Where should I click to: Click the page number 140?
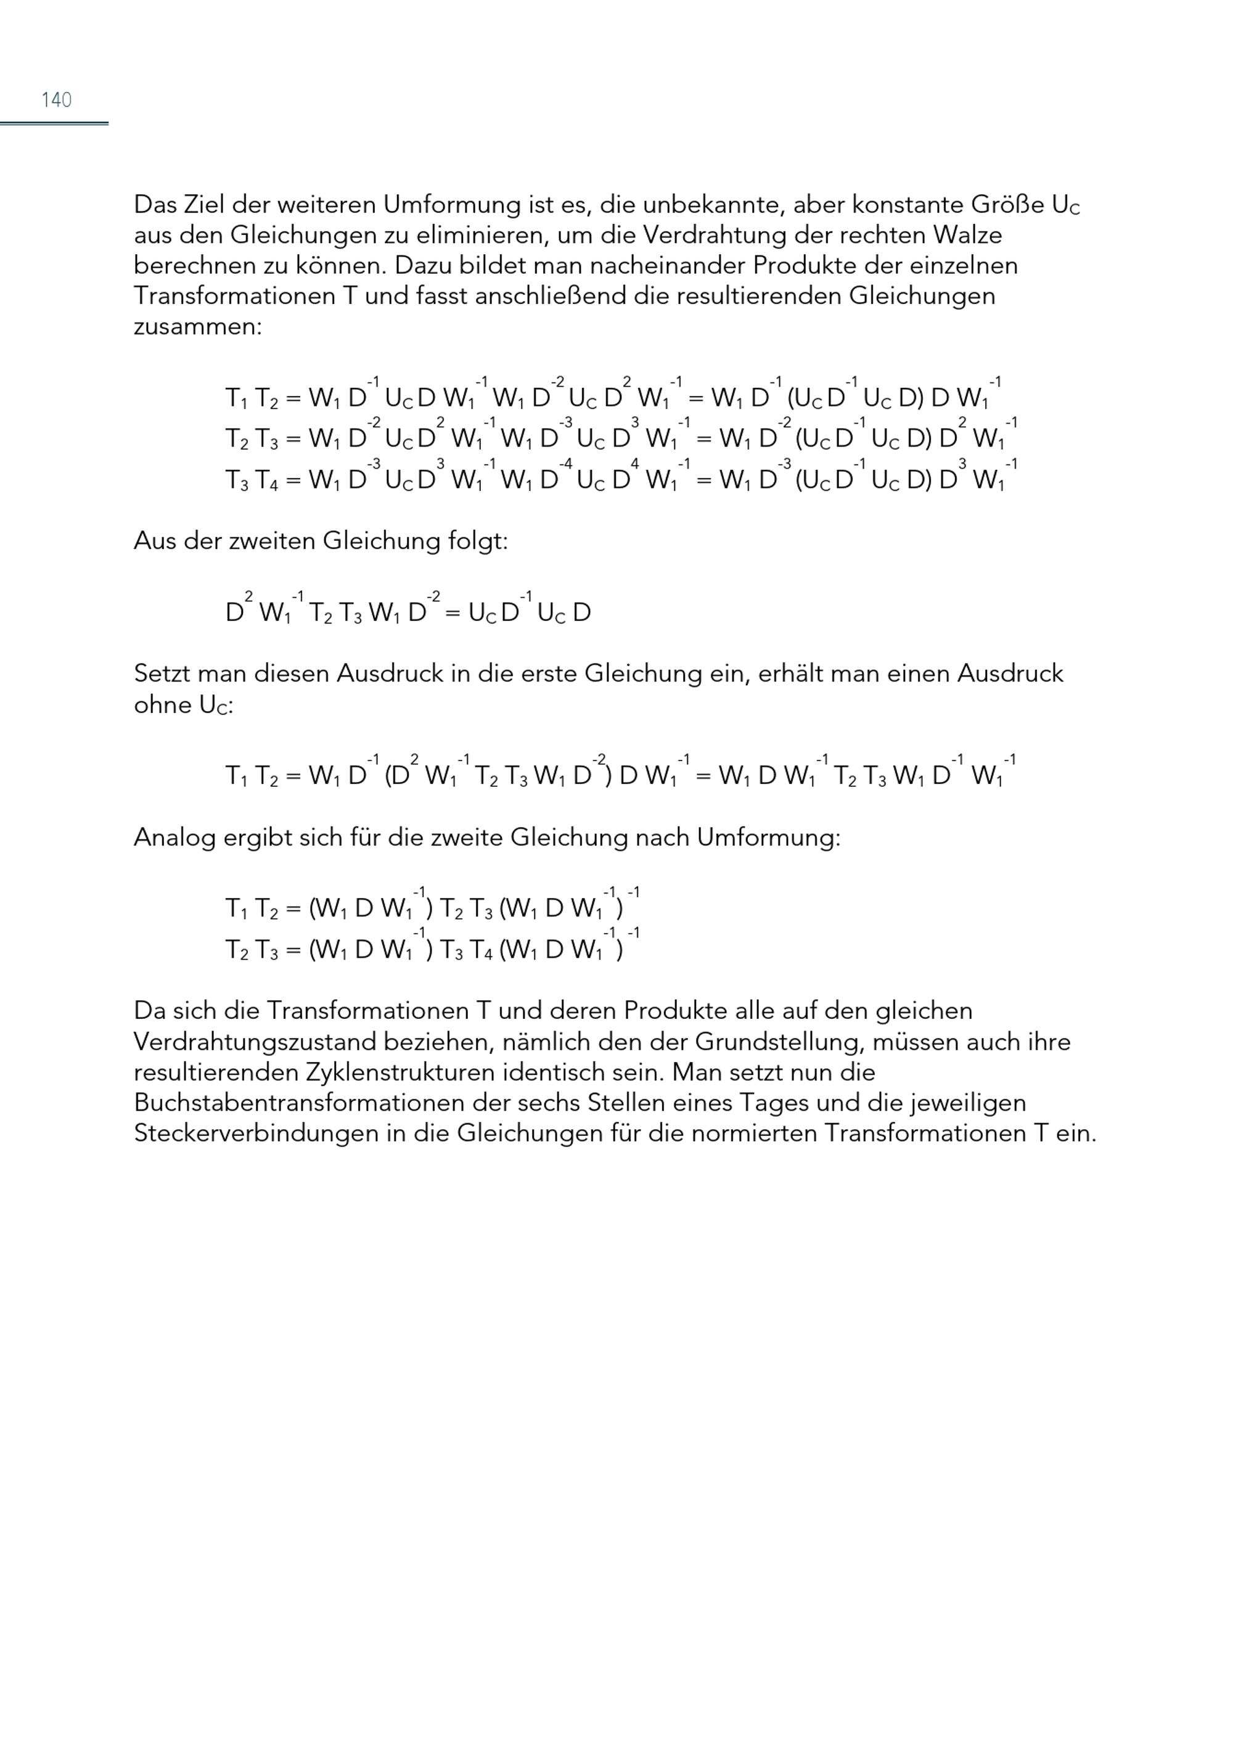[56, 99]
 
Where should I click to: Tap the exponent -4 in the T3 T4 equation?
[565, 463]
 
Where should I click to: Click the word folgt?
[478, 541]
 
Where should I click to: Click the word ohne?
[162, 705]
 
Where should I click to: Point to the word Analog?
[174, 838]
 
